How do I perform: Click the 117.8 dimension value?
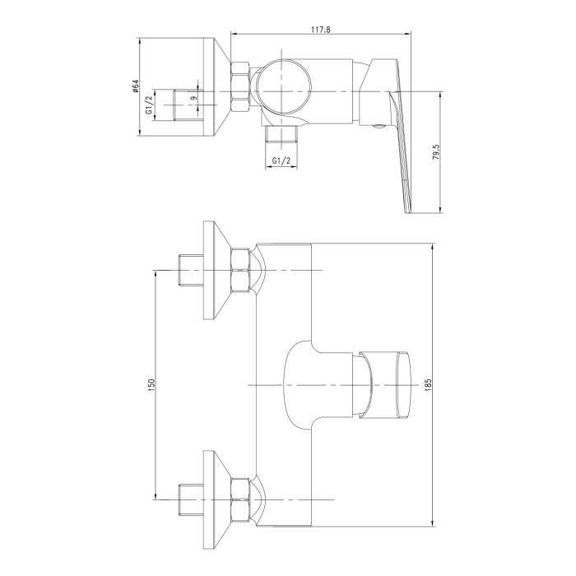tap(320, 30)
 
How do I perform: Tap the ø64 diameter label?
tap(135, 86)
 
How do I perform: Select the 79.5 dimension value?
tap(435, 151)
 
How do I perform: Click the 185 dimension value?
tap(429, 384)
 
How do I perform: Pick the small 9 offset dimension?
tap(194, 98)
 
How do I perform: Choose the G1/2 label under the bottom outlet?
tap(281, 160)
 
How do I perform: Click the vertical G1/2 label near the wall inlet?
tap(149, 105)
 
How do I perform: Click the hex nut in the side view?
tap(239, 86)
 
